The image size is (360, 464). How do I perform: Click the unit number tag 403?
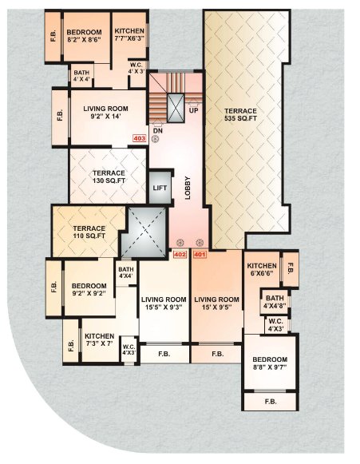(140, 137)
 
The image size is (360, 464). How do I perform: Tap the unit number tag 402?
(180, 255)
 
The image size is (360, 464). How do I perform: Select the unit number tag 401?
(200, 255)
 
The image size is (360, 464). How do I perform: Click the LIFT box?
(160, 188)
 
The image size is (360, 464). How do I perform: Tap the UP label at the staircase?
(194, 111)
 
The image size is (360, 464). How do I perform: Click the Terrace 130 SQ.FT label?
(109, 176)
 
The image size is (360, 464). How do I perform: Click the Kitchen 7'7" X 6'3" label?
(128, 34)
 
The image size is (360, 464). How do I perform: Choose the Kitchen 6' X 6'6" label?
(262, 269)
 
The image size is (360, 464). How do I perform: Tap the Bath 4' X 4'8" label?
(275, 301)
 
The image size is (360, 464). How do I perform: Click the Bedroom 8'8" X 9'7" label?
(270, 364)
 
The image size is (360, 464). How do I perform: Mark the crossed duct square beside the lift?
(146, 233)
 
